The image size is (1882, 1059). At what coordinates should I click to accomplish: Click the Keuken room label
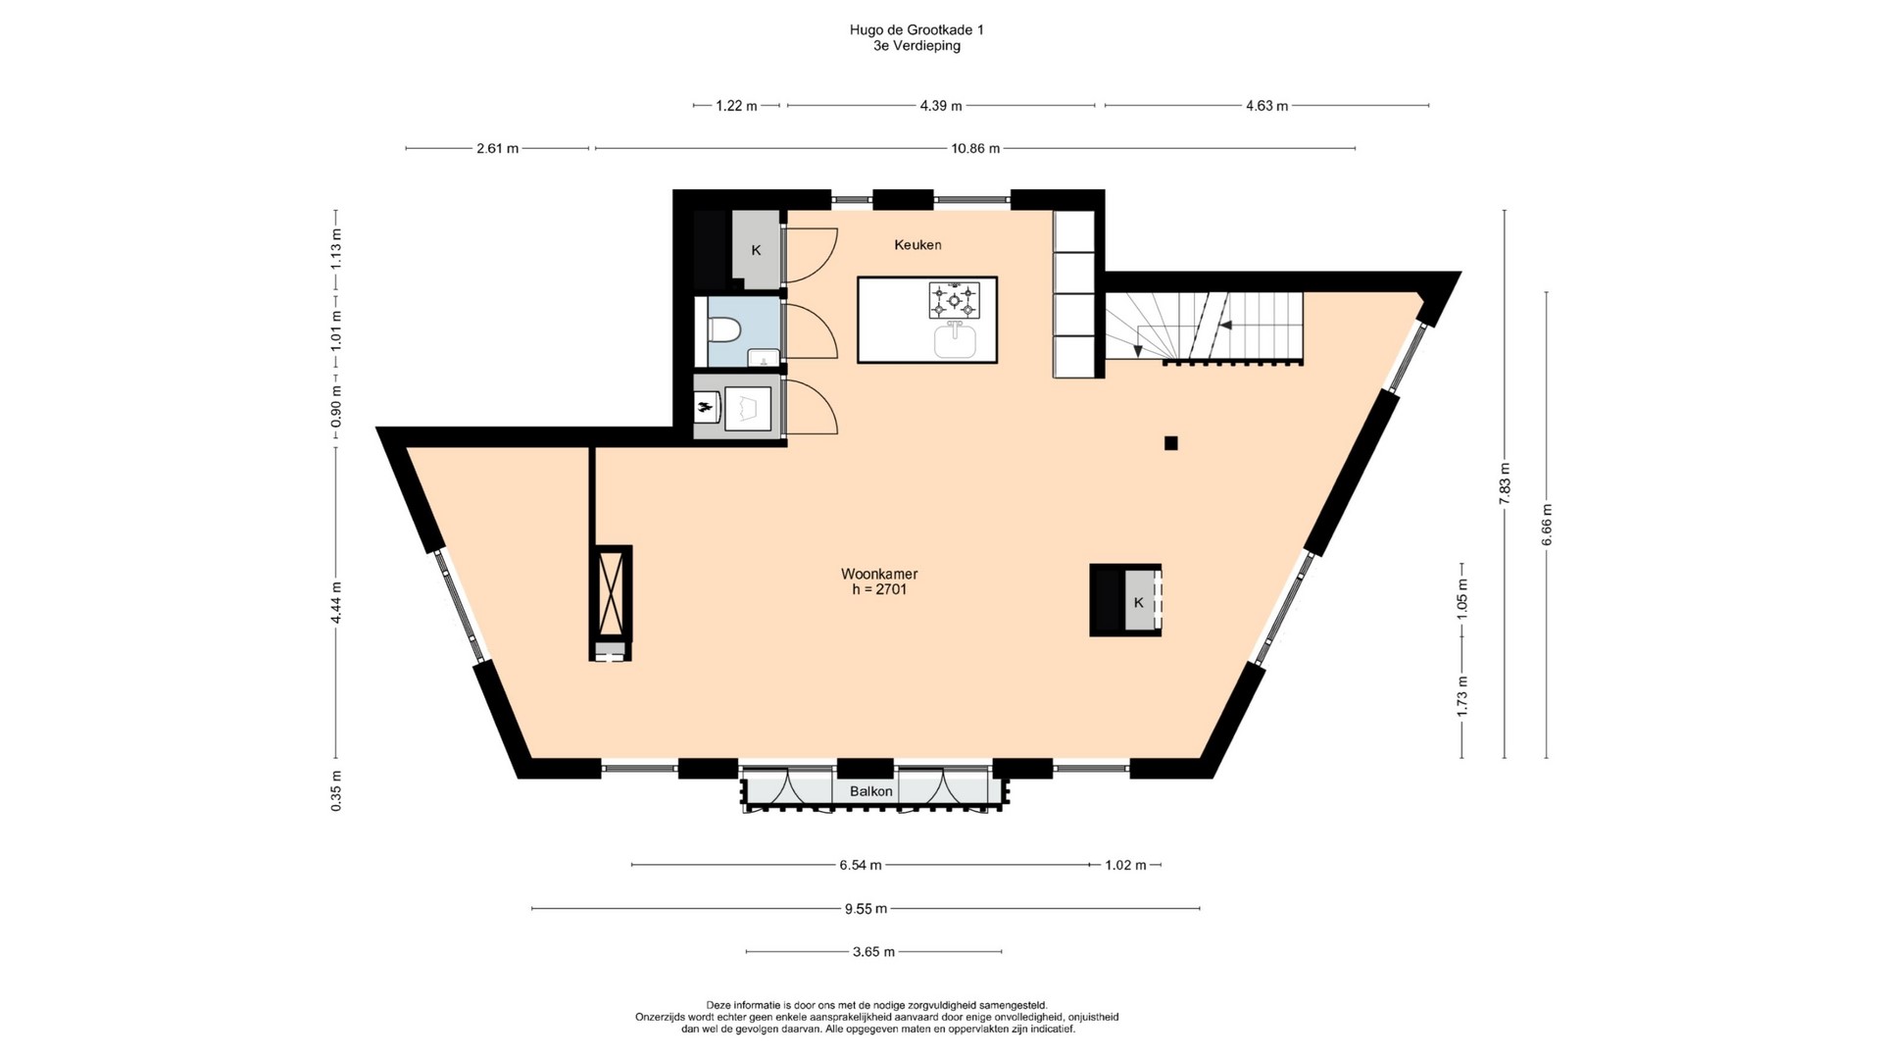[x=917, y=244]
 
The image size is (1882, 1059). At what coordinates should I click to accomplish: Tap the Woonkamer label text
[x=879, y=574]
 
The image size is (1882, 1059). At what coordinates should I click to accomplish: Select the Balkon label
[x=871, y=791]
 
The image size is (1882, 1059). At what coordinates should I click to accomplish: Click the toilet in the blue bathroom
[x=723, y=331]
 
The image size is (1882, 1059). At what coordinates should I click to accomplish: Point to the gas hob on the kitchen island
[x=955, y=300]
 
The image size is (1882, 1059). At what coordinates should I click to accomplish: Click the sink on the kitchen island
[x=955, y=341]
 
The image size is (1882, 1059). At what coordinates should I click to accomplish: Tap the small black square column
[x=1170, y=443]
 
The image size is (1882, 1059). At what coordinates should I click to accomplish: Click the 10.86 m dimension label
[x=975, y=149]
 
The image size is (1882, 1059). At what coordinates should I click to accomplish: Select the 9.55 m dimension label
[x=866, y=909]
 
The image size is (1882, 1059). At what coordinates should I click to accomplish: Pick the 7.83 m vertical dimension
[x=1505, y=483]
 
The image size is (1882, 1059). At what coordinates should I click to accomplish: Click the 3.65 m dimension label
[x=873, y=952]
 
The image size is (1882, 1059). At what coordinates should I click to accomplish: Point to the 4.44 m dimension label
[x=335, y=603]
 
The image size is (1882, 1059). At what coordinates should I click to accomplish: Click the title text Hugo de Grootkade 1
[x=916, y=30]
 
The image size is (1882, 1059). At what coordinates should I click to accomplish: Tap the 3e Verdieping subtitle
[x=916, y=46]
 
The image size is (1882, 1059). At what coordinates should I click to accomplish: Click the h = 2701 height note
[x=879, y=590]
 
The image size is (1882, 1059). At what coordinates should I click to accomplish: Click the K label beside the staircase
[x=1138, y=603]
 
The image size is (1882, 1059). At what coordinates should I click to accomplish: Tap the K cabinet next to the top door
[x=757, y=250]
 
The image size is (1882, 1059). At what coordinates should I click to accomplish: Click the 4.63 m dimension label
[x=1266, y=106]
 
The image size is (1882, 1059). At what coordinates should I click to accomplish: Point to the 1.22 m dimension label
[x=736, y=106]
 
